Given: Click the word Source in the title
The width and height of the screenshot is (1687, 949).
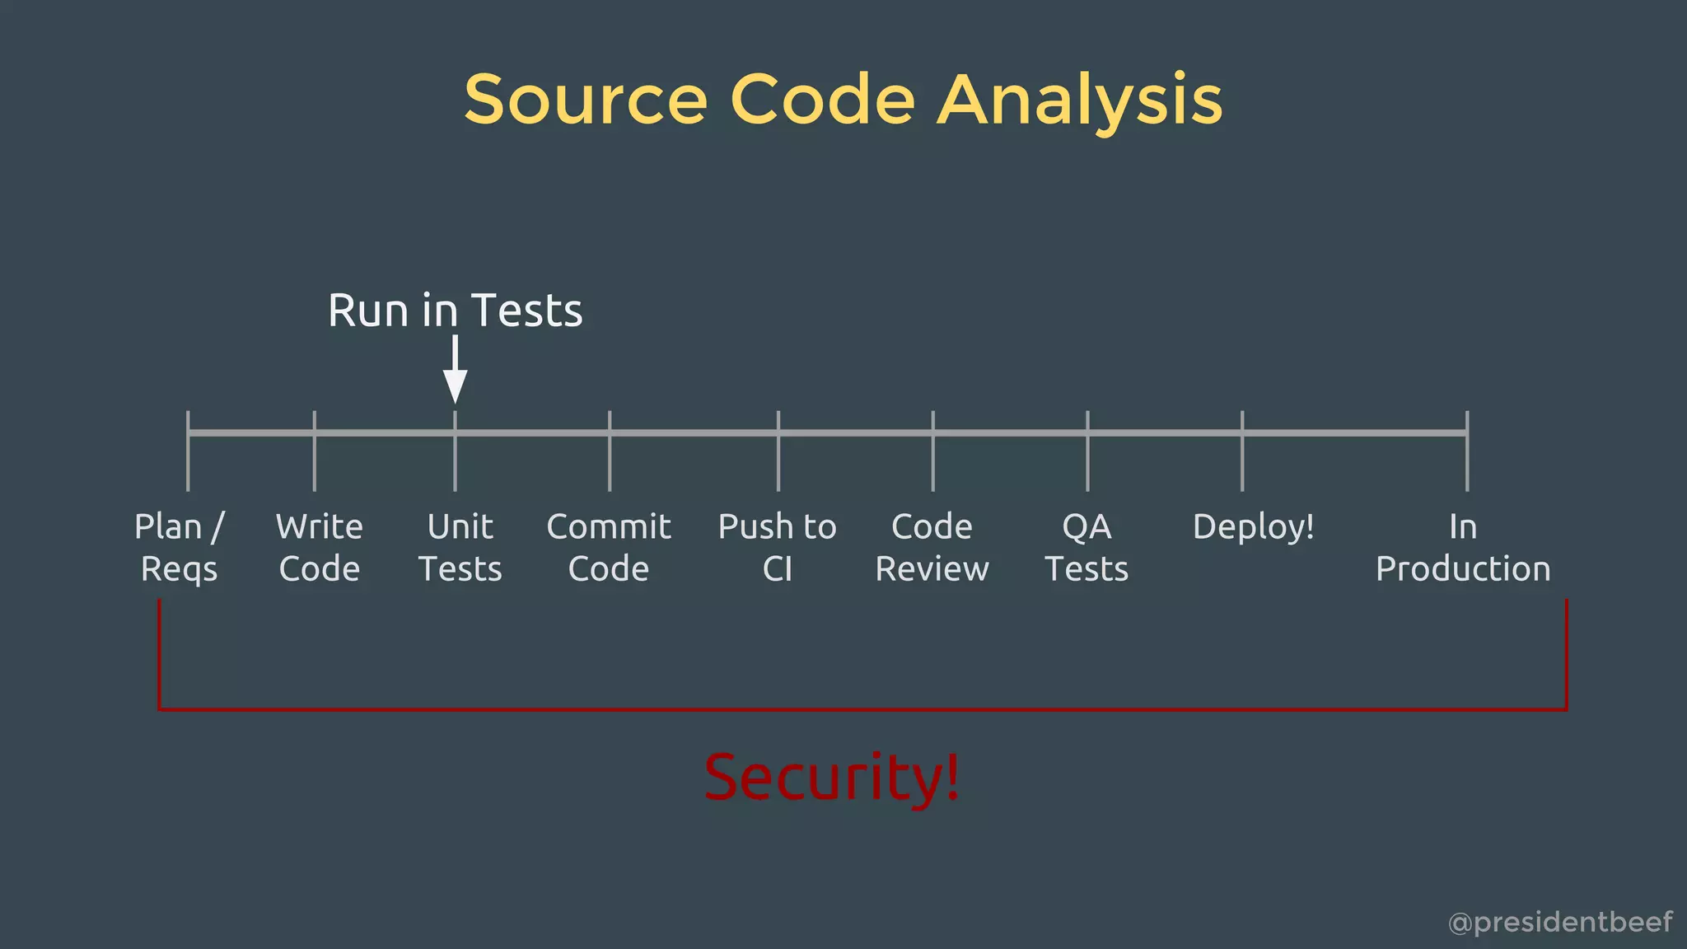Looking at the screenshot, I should click(x=586, y=100).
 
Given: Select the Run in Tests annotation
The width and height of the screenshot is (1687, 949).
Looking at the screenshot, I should click(x=455, y=311).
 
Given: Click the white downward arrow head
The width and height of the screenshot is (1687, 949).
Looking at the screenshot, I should click(x=455, y=386).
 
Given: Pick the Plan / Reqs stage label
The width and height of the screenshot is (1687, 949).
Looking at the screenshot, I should click(x=180, y=548).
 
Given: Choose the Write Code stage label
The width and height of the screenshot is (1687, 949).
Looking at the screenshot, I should click(x=320, y=548).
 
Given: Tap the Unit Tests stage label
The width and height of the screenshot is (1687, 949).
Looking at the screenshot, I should click(x=460, y=548).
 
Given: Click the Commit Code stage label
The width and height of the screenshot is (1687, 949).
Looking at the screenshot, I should click(x=609, y=548).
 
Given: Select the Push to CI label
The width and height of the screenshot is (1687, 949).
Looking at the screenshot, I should click(x=778, y=548).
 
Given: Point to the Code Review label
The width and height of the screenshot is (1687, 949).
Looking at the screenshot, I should click(x=932, y=548).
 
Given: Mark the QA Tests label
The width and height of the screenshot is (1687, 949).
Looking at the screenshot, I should click(x=1087, y=548).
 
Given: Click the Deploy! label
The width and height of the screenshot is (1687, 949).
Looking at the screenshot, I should click(x=1253, y=527).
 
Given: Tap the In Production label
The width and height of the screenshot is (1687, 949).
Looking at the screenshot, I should click(x=1463, y=548).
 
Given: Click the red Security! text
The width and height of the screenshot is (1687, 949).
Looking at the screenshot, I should click(x=832, y=777).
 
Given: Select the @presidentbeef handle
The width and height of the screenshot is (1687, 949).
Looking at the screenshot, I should click(x=1560, y=922).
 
